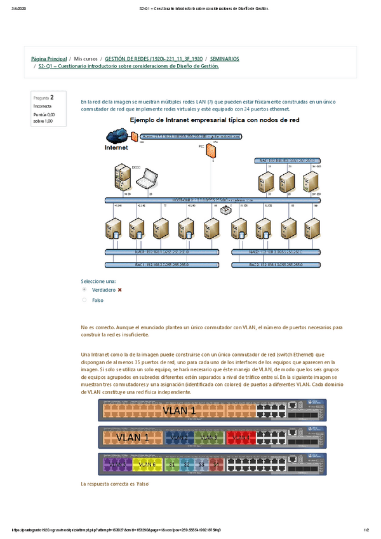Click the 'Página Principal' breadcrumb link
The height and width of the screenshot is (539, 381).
click(48, 58)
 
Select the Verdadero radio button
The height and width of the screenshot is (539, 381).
click(84, 289)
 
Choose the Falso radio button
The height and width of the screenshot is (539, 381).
click(84, 299)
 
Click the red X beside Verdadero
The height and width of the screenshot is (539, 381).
click(119, 289)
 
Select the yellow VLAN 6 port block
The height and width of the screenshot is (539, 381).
click(147, 465)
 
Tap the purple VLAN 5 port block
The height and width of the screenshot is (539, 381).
click(117, 465)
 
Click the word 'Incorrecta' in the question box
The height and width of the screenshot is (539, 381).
click(43, 106)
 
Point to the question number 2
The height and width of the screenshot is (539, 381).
click(52, 97)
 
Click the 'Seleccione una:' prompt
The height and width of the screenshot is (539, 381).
click(98, 280)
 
